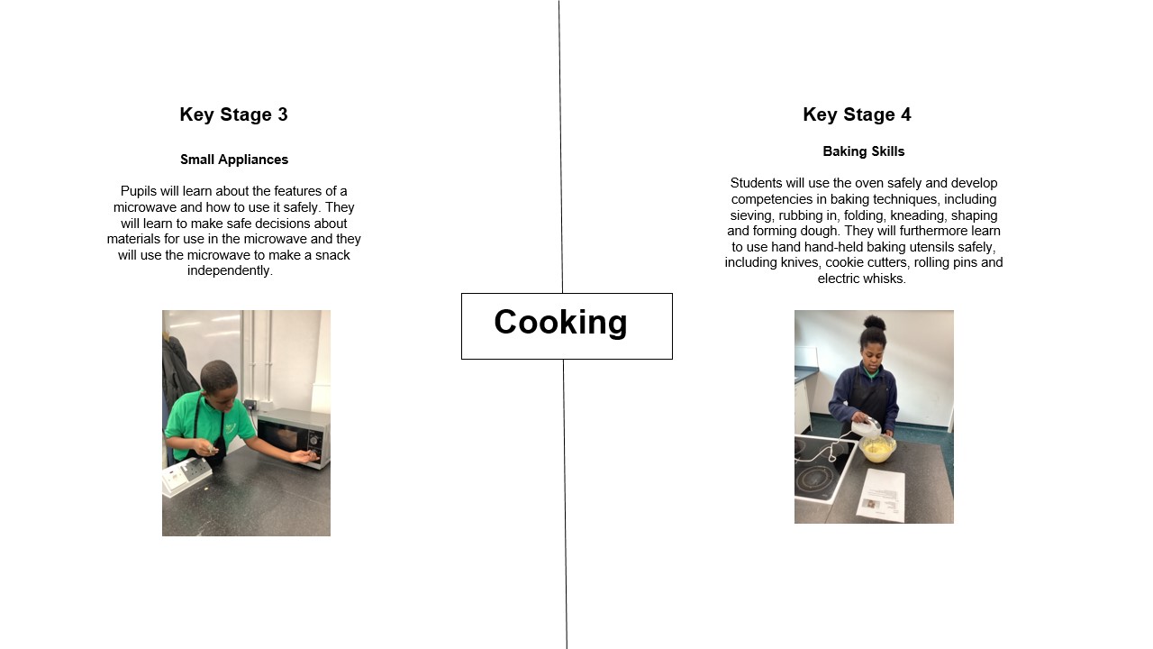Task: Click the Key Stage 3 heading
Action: coord(233,114)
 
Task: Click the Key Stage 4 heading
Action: coord(857,114)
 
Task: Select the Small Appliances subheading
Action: coord(234,160)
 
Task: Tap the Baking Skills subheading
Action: coord(864,151)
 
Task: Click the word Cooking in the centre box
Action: coord(560,322)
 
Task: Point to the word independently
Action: coord(230,270)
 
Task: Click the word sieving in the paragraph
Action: coord(751,215)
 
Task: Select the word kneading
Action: coord(918,215)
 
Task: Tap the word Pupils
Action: coord(139,191)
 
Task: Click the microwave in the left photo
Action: coord(294,437)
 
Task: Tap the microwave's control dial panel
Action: coord(314,442)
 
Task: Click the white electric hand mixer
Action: coord(867,427)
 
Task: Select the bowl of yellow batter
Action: coord(877,449)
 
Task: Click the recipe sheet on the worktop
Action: coord(880,495)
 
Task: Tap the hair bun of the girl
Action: coord(874,323)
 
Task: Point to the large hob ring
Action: coord(819,480)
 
